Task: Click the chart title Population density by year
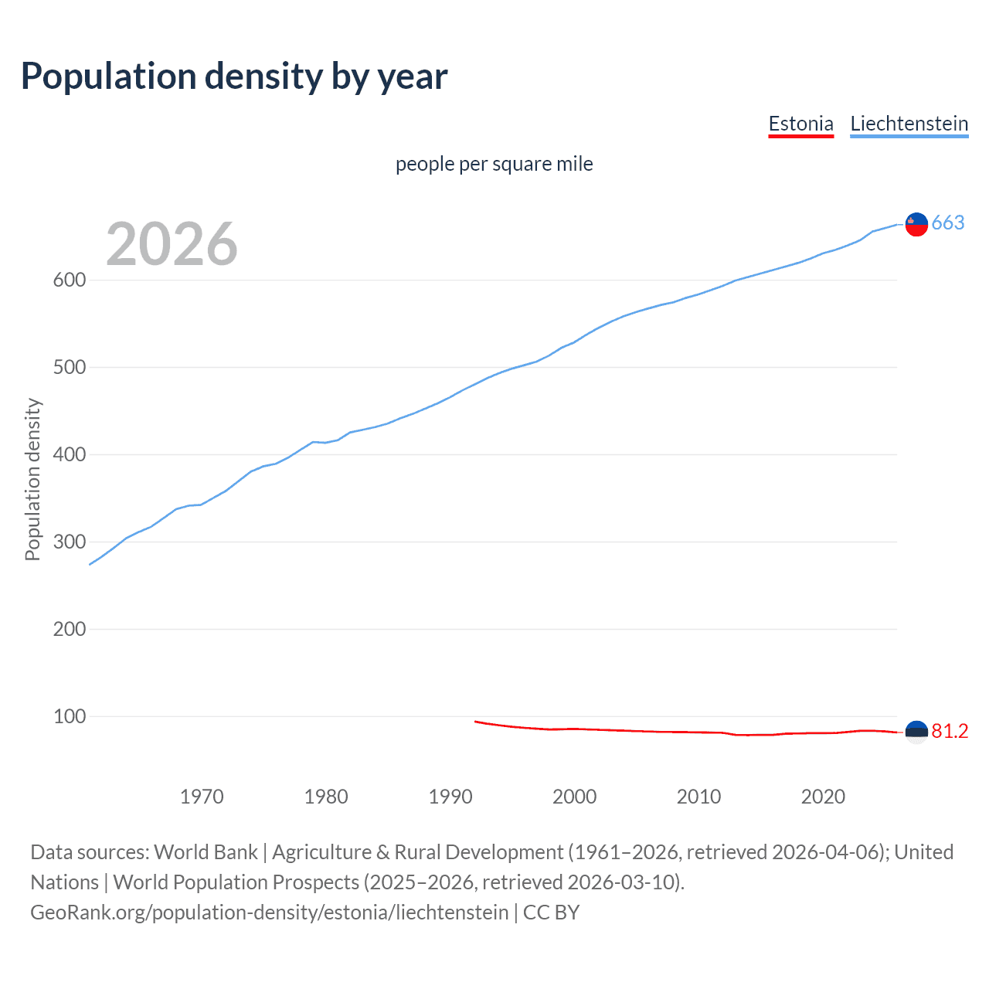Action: [234, 76]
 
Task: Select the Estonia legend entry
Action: [800, 124]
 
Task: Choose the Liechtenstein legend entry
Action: [909, 124]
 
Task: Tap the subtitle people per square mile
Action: [494, 164]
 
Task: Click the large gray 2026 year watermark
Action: [172, 244]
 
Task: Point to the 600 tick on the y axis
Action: [70, 280]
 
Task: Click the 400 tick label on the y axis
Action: [70, 454]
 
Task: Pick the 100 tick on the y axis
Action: [70, 716]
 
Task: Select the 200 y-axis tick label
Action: [70, 629]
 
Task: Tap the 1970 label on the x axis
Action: [202, 797]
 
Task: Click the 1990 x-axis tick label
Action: [450, 797]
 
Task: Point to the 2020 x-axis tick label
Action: [823, 797]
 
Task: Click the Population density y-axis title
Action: [32, 479]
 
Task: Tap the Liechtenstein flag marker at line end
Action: [916, 224]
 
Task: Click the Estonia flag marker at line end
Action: [916, 732]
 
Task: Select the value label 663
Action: [948, 223]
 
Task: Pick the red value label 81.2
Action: [950, 732]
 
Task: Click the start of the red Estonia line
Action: [476, 722]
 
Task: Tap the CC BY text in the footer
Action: [551, 913]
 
